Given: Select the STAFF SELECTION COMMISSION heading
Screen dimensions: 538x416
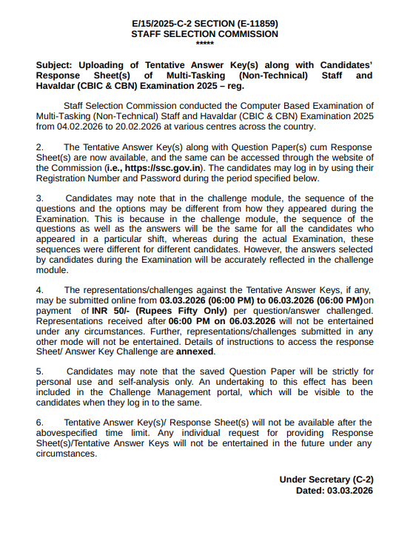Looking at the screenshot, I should tap(204, 34).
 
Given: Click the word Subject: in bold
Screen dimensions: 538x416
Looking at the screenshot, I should tap(56, 65).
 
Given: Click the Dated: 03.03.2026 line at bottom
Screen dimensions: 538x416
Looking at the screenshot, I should tap(334, 490).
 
